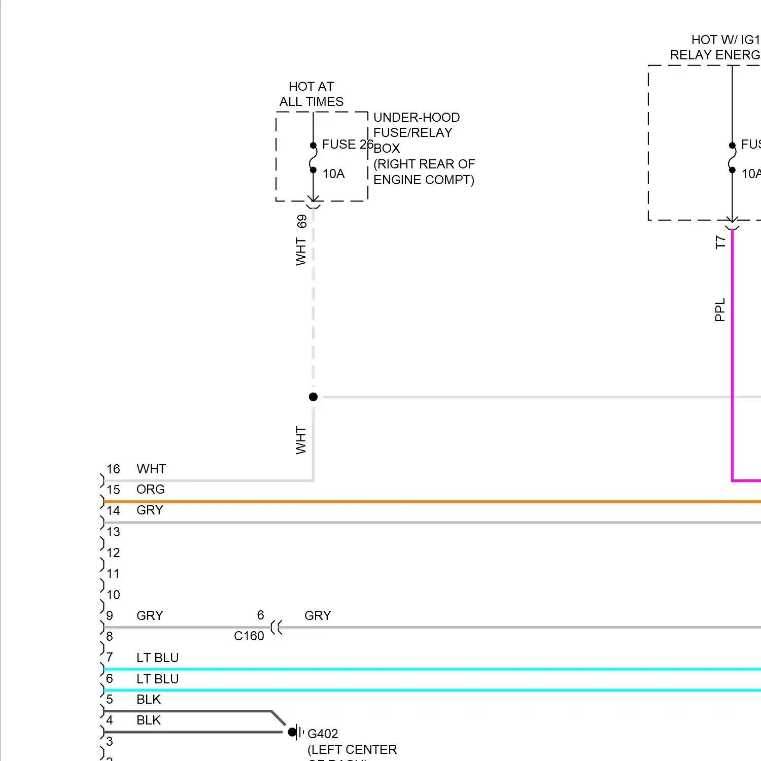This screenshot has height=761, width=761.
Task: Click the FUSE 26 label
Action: coord(347,145)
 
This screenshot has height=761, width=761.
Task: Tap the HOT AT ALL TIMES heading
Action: coord(311,94)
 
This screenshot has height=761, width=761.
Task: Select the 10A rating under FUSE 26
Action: coord(333,174)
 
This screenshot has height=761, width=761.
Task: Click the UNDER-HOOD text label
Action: coord(417,118)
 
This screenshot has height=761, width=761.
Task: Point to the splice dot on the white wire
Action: coord(313,397)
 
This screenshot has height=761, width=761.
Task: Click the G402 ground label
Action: coord(323,734)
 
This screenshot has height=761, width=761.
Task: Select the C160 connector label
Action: coord(249,636)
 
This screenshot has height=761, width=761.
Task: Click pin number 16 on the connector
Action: coord(113,469)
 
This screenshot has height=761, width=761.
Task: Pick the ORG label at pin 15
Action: coord(150,490)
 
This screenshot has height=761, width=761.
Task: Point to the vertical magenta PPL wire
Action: coord(732,355)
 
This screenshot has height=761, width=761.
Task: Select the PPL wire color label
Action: coord(719,310)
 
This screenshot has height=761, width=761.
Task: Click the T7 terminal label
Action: coord(720,242)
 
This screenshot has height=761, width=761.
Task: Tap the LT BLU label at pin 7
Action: coord(157,658)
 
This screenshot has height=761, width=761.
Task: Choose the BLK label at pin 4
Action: coord(148,720)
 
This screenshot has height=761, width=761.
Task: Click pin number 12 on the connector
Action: coord(113,553)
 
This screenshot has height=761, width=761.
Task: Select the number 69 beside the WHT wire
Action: coord(302,221)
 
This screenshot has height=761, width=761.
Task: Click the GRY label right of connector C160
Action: coord(318,616)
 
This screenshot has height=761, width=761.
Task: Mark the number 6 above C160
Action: coord(260,615)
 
